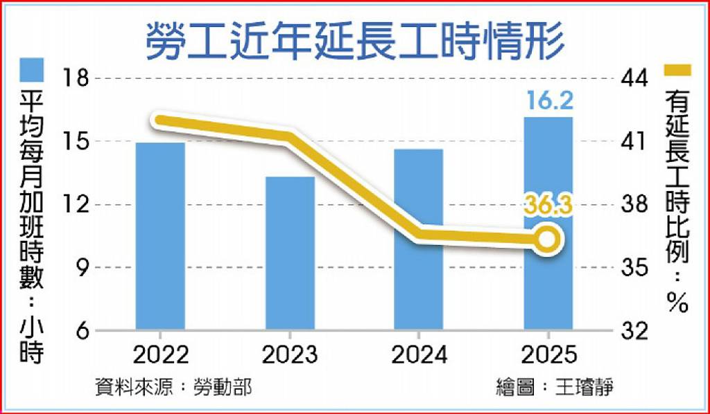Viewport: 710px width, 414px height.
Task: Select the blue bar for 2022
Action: point(160,236)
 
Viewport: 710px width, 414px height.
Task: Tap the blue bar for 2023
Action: point(290,253)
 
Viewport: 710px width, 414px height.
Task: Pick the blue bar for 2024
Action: point(418,239)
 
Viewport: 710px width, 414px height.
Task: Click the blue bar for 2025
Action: point(548,223)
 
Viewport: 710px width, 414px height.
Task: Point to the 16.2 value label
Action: point(548,100)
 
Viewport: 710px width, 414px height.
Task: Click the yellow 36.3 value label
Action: point(548,207)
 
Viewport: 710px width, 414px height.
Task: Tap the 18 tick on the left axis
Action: point(73,80)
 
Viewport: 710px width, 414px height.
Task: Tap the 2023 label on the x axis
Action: point(290,355)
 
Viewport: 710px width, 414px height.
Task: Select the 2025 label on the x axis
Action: point(548,355)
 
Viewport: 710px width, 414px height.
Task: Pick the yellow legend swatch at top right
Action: point(678,70)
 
